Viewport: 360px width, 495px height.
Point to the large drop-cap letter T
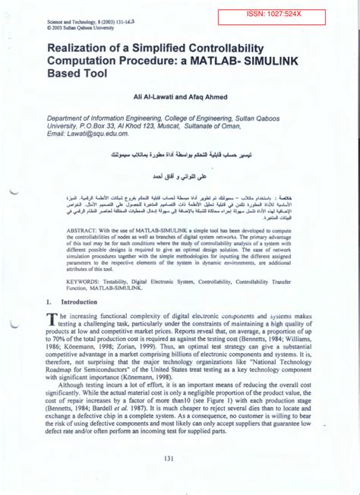[52, 320]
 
